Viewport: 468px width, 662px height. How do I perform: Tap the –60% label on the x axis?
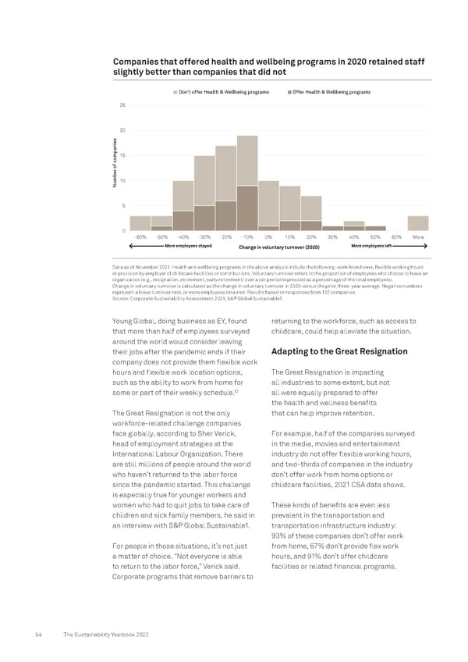[140, 237]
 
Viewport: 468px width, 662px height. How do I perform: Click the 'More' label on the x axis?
[418, 237]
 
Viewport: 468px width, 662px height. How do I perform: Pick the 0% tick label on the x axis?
[268, 237]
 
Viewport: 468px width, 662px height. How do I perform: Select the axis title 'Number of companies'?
[114, 167]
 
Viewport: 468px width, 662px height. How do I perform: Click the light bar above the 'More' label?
[418, 223]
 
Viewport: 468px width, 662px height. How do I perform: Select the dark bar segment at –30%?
[204, 218]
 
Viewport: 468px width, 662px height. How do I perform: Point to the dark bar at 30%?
[332, 228]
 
